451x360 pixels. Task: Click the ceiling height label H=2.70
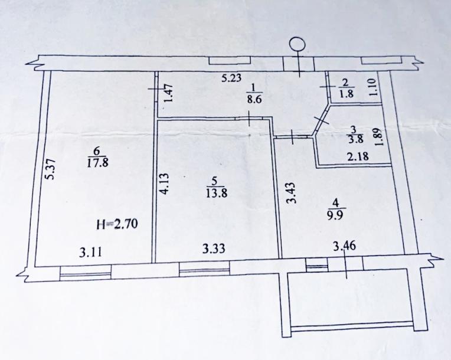click(x=118, y=224)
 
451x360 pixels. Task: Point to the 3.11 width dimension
click(x=90, y=253)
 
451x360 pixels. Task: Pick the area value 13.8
click(x=217, y=193)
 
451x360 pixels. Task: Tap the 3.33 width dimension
click(x=214, y=248)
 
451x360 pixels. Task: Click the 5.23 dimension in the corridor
click(x=231, y=78)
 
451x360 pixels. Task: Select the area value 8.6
click(x=254, y=99)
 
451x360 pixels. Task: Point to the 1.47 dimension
click(x=169, y=93)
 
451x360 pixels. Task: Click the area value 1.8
click(x=346, y=94)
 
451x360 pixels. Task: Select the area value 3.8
click(x=355, y=139)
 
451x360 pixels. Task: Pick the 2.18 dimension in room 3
click(x=358, y=157)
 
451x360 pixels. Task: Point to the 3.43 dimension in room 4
click(x=292, y=193)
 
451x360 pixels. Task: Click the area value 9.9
click(x=334, y=215)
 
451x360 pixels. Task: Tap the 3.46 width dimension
click(x=344, y=246)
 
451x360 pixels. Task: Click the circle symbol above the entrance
click(x=297, y=44)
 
